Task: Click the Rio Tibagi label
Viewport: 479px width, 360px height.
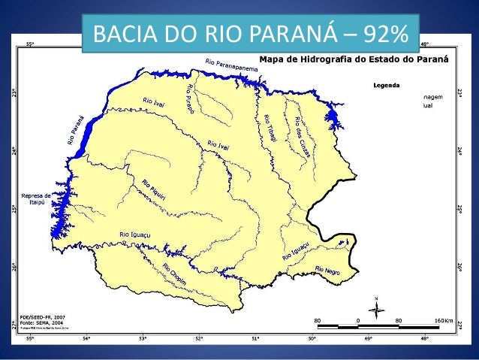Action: (x=268, y=128)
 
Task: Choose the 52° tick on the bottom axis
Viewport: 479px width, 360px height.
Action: (x=199, y=340)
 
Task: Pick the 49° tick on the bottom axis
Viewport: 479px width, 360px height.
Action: (x=369, y=340)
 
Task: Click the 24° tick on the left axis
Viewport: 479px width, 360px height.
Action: (x=14, y=150)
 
